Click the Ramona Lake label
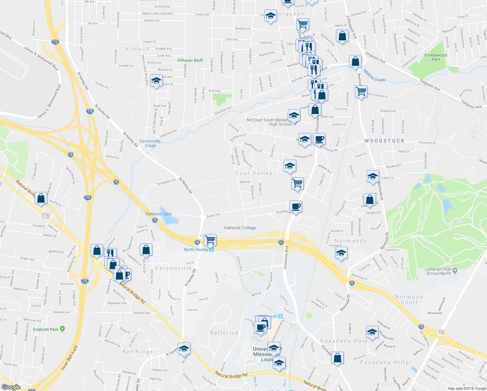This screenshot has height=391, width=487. [x=159, y=214]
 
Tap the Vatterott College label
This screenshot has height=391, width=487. [x=240, y=228]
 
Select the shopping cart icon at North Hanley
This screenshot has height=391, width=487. [x=210, y=240]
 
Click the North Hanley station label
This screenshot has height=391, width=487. [x=196, y=250]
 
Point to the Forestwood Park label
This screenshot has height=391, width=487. [x=436, y=57]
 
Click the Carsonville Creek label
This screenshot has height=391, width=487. [x=150, y=143]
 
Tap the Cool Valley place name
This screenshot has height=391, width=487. [x=254, y=173]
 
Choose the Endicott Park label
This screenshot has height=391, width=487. [x=46, y=329]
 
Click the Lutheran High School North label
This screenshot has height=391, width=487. [x=438, y=271]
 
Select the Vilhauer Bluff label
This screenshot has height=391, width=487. [x=190, y=60]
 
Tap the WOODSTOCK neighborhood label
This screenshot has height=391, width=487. [x=384, y=141]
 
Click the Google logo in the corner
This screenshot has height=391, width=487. [x=11, y=387]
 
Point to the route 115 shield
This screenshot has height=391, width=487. [x=46, y=216]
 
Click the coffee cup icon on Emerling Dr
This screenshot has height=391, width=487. [x=296, y=206]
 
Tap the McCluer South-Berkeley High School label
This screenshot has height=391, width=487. [x=269, y=122]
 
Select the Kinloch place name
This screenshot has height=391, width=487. [x=138, y=49]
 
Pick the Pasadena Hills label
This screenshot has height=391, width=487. [x=384, y=362]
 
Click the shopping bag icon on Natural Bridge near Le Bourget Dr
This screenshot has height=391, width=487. [x=41, y=198]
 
